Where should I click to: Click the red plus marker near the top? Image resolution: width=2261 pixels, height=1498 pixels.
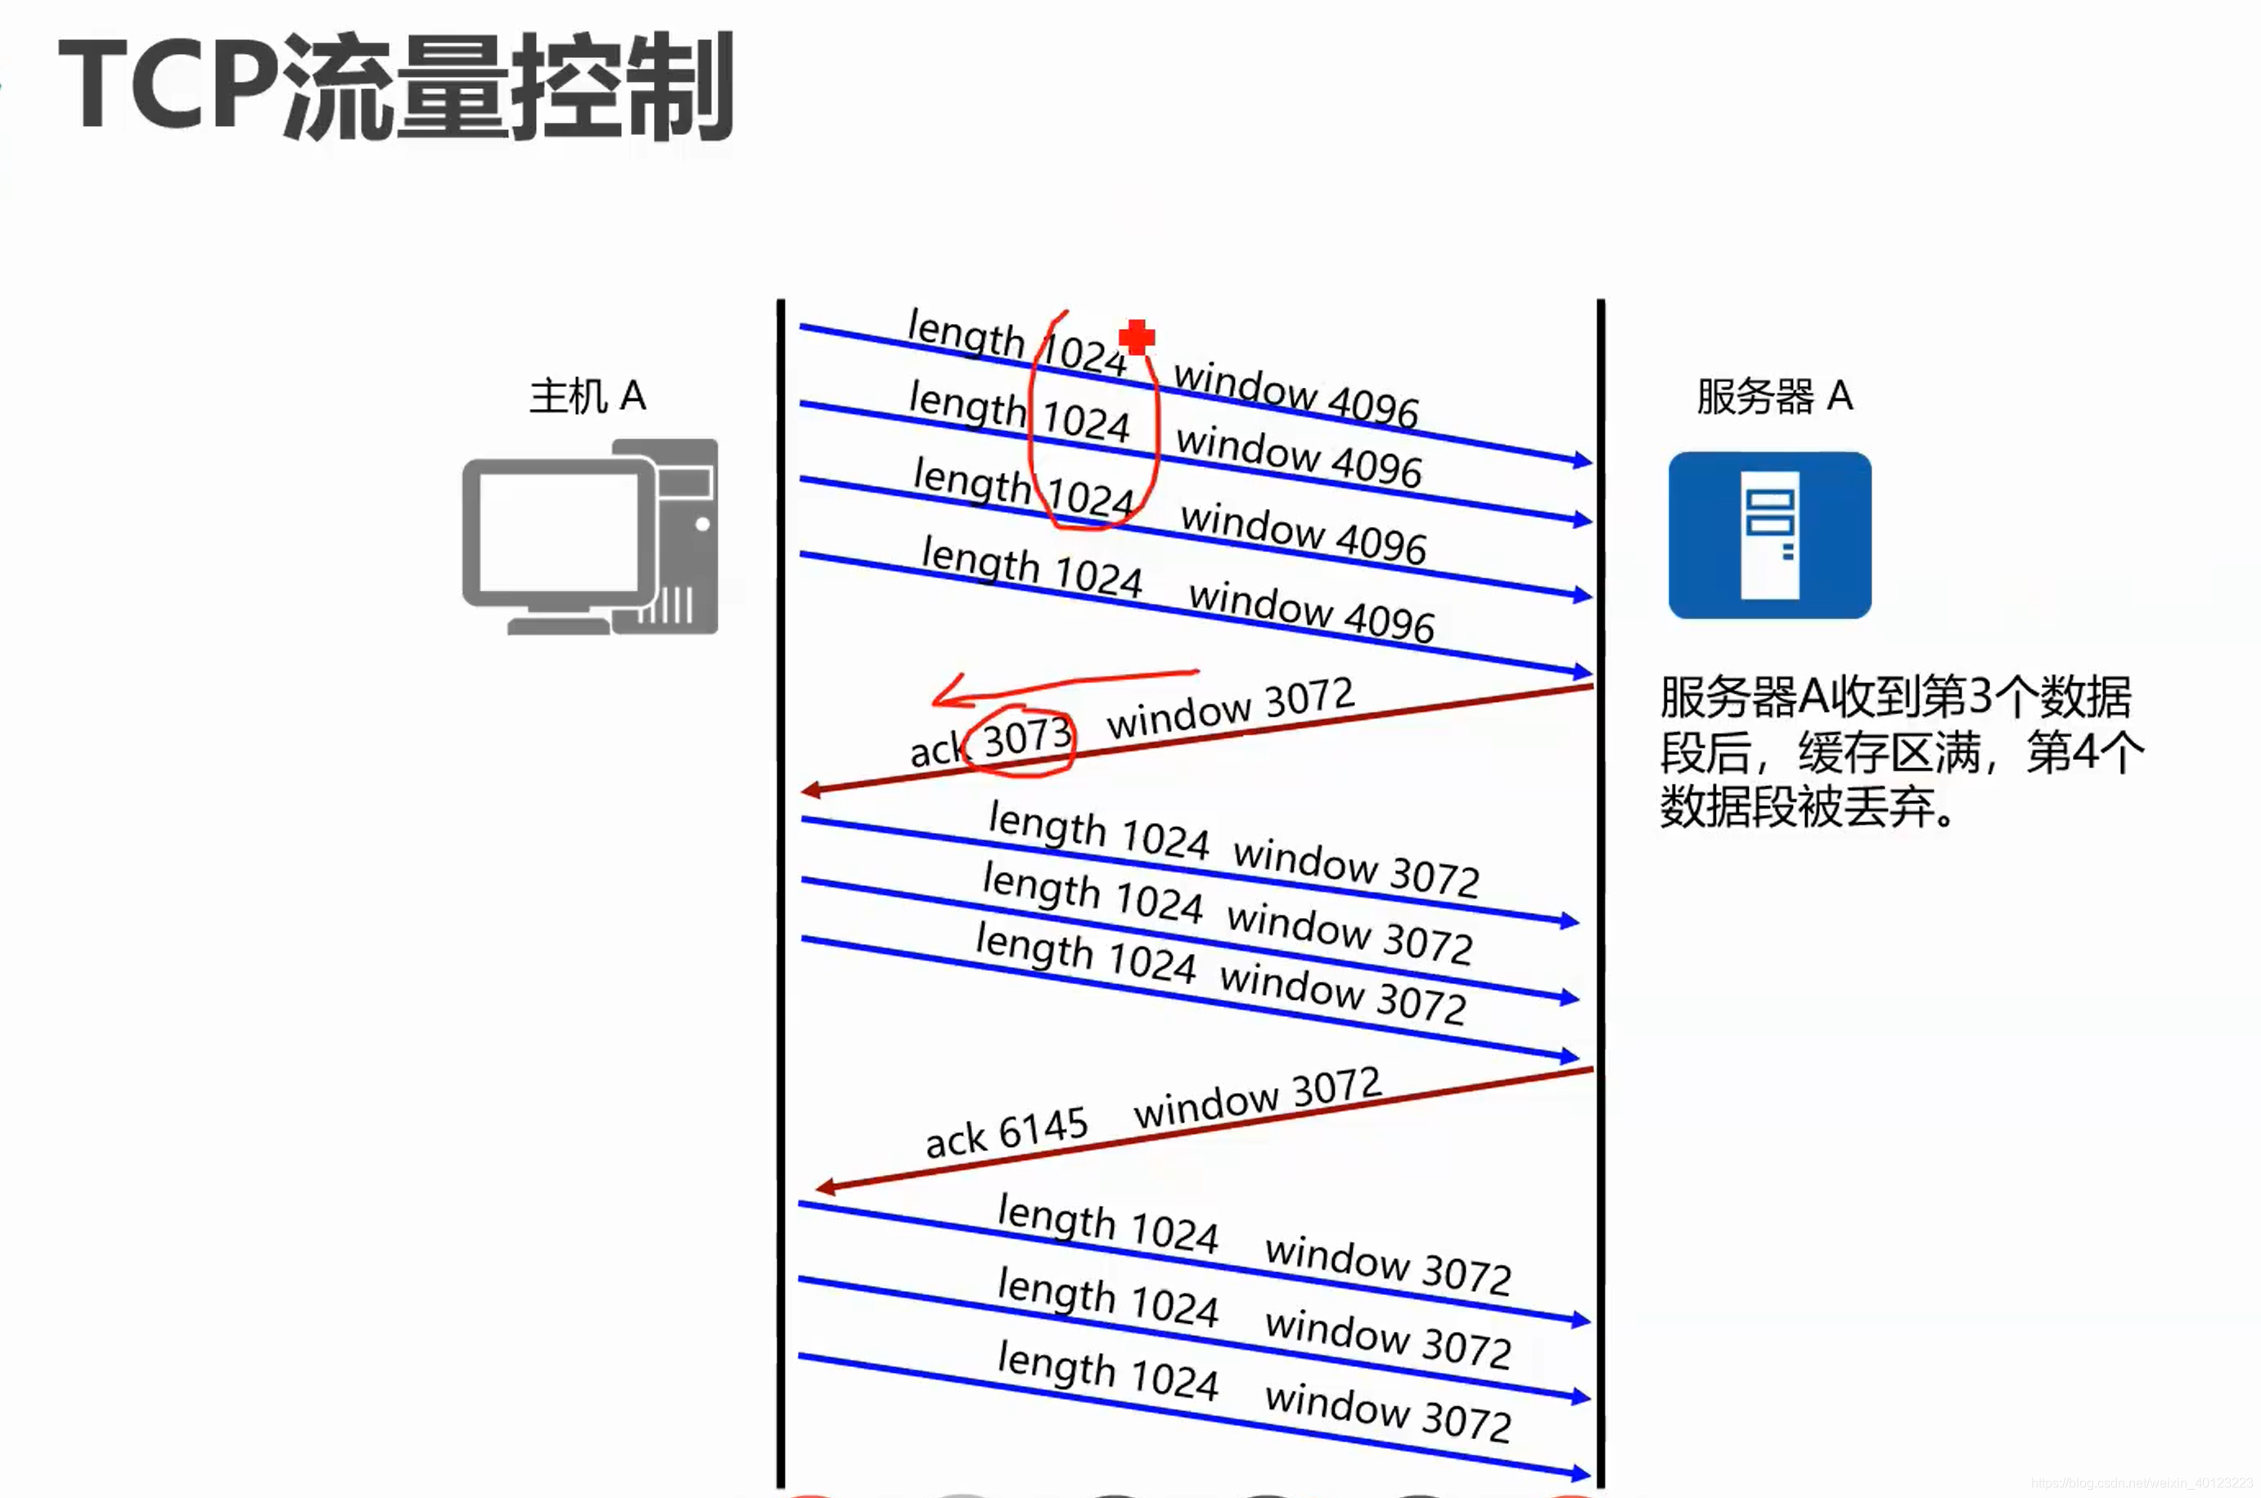point(1137,336)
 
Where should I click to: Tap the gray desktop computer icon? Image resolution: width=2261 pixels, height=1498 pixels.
point(590,537)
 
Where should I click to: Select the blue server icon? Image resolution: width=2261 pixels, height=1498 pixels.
point(1769,535)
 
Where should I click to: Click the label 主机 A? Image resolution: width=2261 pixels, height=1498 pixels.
point(588,395)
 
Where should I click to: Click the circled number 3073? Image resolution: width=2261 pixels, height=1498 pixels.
point(1026,739)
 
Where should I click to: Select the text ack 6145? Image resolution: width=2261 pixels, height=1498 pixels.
point(1007,1132)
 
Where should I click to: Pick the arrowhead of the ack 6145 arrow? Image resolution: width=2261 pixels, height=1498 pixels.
point(825,1187)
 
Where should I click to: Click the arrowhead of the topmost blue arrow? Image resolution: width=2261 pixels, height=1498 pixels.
point(1583,461)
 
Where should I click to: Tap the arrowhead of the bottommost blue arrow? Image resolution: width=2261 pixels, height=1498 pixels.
point(1582,1474)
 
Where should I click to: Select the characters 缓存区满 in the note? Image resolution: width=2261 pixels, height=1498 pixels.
point(1889,752)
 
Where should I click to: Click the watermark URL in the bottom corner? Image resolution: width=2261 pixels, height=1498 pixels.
point(2142,1482)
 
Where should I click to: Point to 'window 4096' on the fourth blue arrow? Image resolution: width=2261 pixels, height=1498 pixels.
point(1311,611)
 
